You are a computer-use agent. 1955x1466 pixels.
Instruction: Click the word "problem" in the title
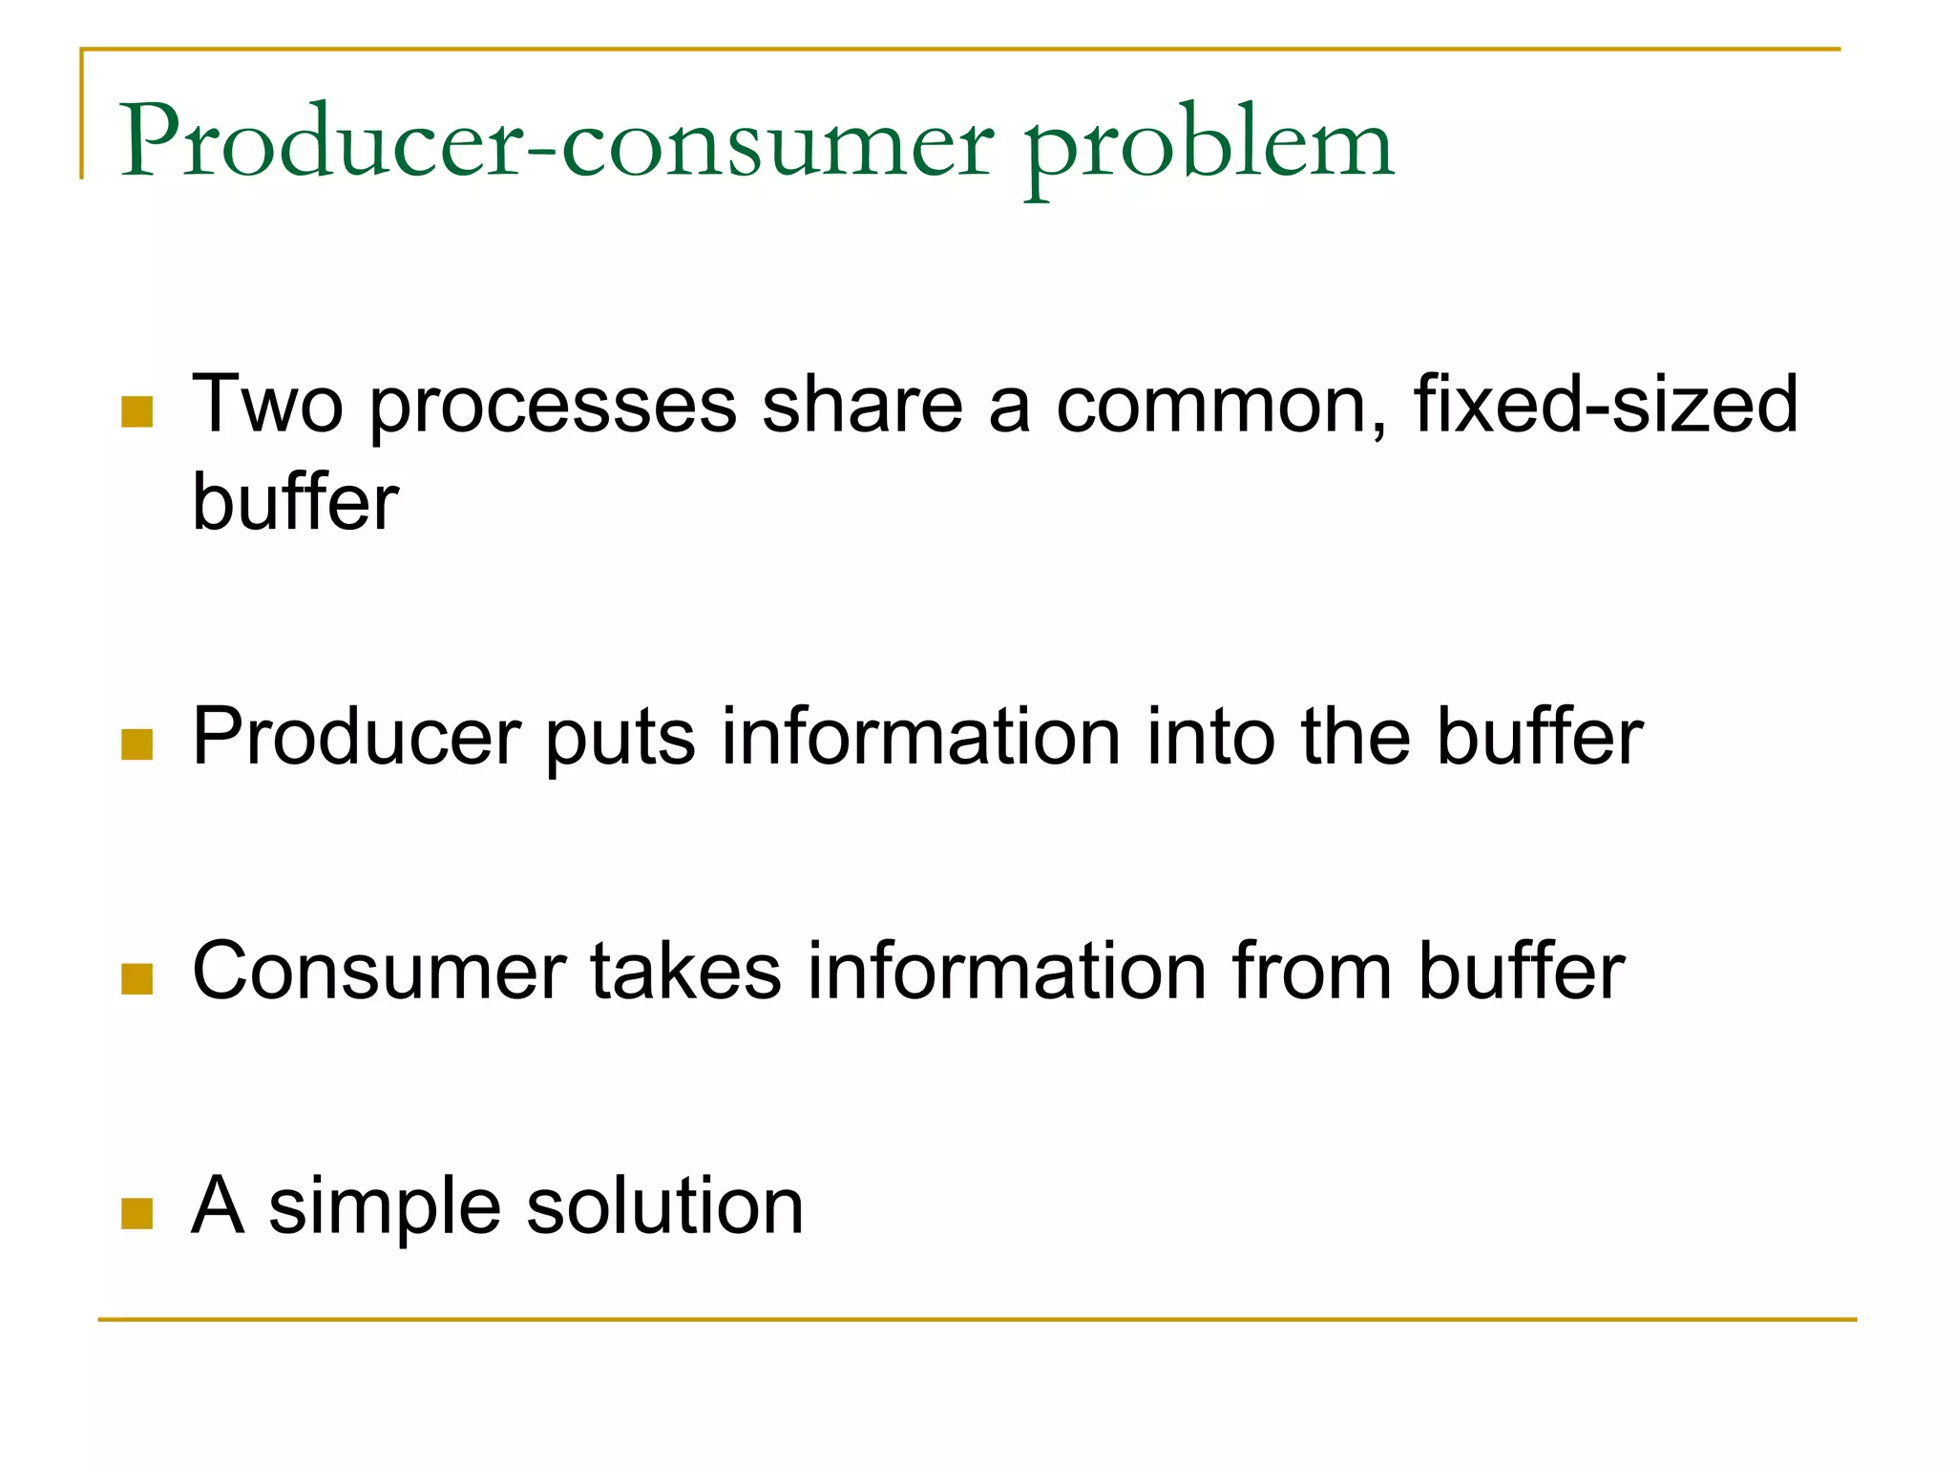pos(1209,148)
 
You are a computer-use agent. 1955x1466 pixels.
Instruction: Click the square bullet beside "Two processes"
pos(137,412)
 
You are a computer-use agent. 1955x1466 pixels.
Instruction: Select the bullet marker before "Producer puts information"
pos(137,744)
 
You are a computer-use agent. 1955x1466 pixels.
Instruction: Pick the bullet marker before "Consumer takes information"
pos(137,979)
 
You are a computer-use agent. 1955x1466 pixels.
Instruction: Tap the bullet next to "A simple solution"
pos(137,1214)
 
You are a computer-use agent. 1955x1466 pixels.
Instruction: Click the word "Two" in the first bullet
pos(267,405)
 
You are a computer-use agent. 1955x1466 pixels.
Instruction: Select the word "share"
pos(863,405)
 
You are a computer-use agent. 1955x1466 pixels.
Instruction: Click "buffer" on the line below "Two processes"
pos(295,502)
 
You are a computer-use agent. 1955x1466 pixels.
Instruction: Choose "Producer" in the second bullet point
pos(356,737)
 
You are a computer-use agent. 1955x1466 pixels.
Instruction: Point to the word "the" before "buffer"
pos(1356,737)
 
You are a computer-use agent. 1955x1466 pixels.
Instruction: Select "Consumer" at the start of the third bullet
pos(379,972)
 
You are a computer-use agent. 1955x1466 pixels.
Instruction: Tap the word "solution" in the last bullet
pos(664,1206)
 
